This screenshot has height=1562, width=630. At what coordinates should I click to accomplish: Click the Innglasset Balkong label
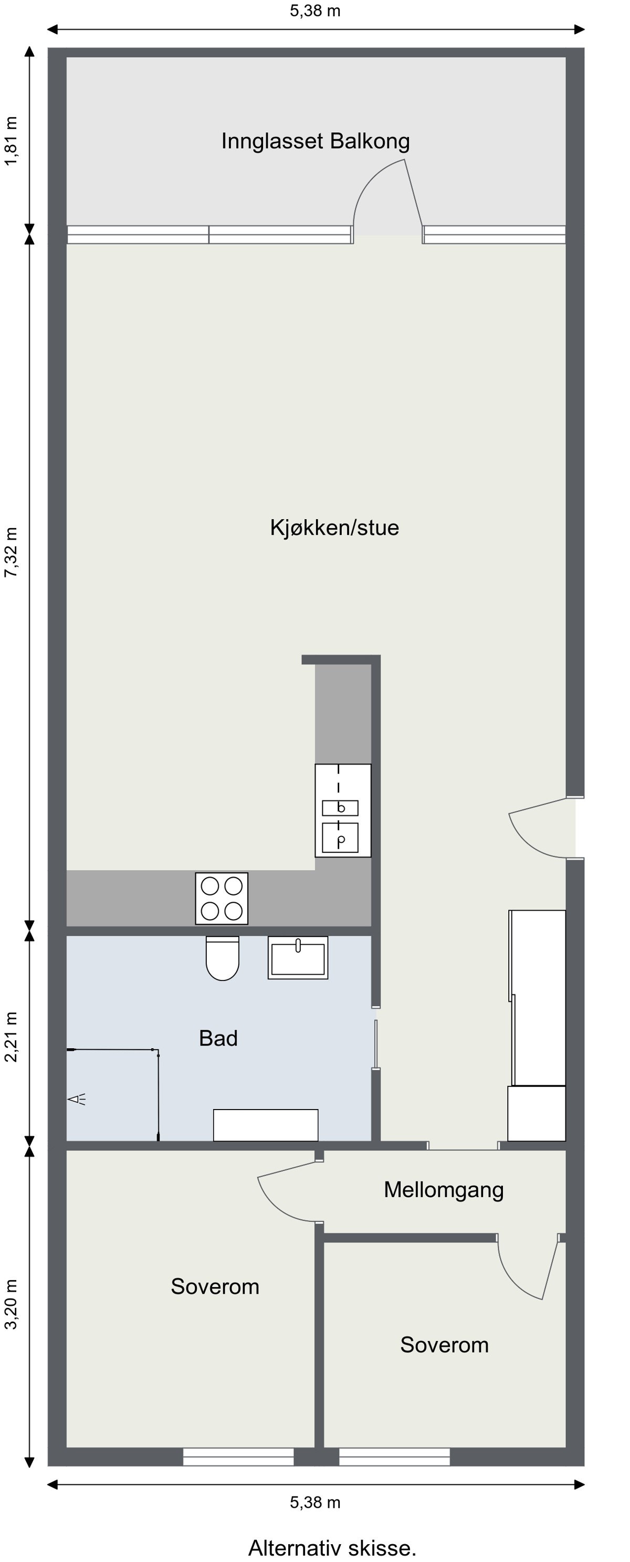(316, 141)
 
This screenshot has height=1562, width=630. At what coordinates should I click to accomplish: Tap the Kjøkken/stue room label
(334, 527)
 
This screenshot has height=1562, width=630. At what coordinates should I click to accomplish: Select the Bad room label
(218, 1038)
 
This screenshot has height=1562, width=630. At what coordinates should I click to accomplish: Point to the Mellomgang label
(443, 1190)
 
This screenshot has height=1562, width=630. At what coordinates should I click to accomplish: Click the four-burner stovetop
(222, 898)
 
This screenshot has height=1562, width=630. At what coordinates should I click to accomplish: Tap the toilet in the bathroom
(223, 957)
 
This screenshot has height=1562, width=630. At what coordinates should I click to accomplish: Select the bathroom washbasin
(298, 957)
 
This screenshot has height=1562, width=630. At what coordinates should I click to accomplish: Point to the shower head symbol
(77, 1099)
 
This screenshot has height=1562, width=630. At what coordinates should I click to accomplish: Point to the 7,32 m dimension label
(12, 552)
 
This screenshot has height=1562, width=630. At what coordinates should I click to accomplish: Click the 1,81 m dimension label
(12, 141)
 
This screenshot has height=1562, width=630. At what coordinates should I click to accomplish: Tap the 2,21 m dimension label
(12, 1037)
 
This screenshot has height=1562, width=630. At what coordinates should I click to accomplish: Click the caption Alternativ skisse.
(332, 1547)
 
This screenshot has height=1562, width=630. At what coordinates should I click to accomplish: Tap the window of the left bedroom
(238, 1457)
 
